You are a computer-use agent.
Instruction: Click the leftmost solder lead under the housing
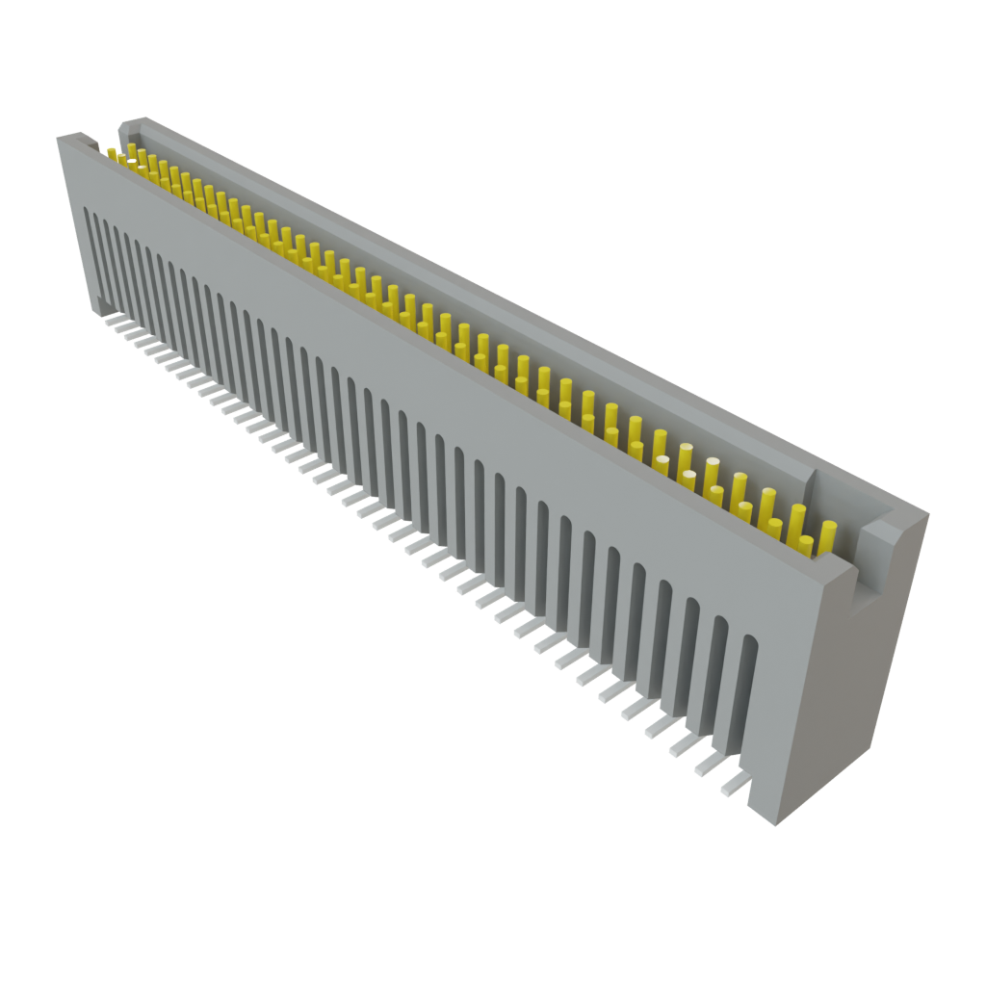click(113, 319)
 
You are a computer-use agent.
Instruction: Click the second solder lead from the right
click(708, 766)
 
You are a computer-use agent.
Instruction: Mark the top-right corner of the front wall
click(856, 568)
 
